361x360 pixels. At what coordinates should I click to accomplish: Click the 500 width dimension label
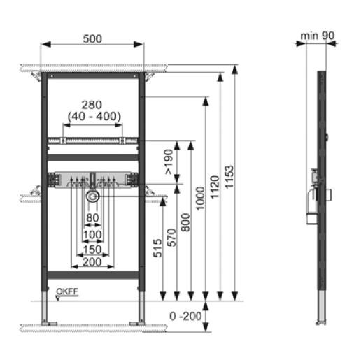coord(92,39)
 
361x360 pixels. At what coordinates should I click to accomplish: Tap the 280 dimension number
coord(92,105)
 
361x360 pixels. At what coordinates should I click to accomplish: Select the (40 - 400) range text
coord(94,116)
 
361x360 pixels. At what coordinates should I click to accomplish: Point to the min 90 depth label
coord(317,36)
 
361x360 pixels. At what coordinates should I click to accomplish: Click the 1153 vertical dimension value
coord(229,176)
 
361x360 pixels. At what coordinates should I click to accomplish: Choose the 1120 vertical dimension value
coord(215,187)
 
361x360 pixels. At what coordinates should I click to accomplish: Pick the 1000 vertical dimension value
coord(200,199)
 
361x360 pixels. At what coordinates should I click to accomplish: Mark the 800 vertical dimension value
coord(185,222)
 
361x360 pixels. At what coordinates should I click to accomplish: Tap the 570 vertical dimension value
coord(171,238)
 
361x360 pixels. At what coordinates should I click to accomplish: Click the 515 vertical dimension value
coord(157,248)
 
